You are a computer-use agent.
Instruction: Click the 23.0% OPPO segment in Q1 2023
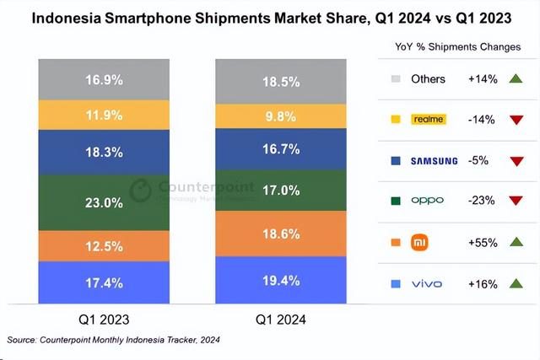click(x=104, y=202)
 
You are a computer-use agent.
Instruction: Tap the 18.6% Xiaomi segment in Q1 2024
click(x=281, y=233)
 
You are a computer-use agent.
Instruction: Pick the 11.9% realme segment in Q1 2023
click(x=104, y=113)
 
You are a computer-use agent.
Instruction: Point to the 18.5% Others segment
click(x=281, y=81)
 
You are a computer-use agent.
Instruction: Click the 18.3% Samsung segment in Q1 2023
click(x=104, y=152)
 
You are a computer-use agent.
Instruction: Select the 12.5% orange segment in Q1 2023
click(x=104, y=246)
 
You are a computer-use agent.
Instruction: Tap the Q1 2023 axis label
click(x=104, y=320)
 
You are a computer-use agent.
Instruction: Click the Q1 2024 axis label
click(x=281, y=320)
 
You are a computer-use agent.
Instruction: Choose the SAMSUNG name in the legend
click(x=435, y=160)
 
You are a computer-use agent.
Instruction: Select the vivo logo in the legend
click(x=426, y=283)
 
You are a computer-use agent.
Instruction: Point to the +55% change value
click(x=482, y=242)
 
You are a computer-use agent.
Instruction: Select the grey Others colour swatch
click(x=396, y=79)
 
